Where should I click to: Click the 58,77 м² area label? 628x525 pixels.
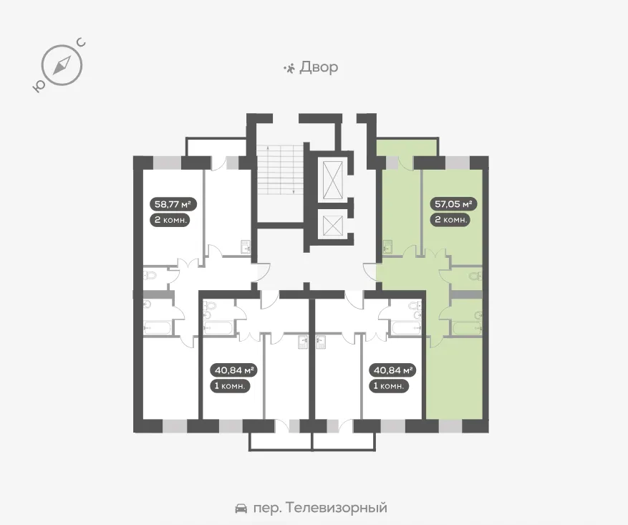coord(173,204)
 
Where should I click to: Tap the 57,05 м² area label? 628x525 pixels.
coord(453,204)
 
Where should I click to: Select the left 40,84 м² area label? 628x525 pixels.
coord(233,370)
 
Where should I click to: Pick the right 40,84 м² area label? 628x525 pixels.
coord(392,370)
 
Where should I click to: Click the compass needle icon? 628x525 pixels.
coord(62,65)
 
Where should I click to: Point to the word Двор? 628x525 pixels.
coord(319,67)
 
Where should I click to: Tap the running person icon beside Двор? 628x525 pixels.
coord(289,69)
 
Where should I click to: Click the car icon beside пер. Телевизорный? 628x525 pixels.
coord(241,509)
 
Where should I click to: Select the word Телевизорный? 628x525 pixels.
coord(337,508)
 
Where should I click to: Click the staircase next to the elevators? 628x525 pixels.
coord(279,170)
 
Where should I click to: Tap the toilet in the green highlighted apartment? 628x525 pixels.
coord(475,276)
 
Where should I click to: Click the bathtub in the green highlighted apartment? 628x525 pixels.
coord(468,328)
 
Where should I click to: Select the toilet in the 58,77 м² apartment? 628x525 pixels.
coord(150,276)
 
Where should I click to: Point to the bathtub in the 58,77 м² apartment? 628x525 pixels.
coord(158,327)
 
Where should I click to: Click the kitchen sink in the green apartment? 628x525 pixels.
coord(387,246)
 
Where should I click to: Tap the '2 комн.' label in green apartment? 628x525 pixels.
coord(450,220)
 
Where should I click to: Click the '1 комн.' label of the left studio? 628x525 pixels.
coord(231,387)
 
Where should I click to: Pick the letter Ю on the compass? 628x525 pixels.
coord(38,86)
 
